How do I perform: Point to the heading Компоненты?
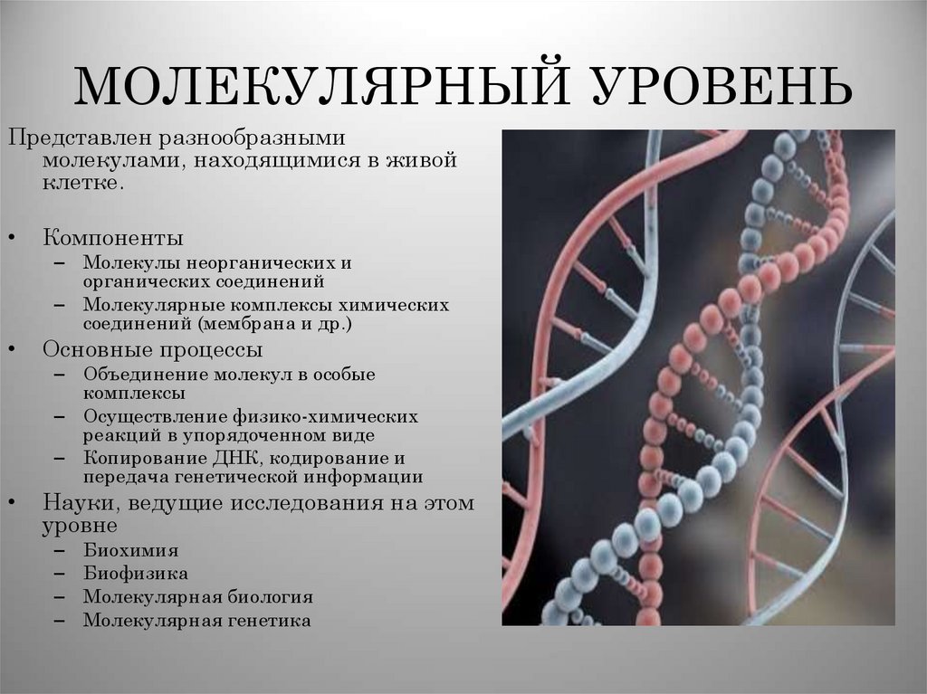pos(113,238)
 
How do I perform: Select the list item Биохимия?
pos(130,549)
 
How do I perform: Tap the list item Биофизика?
pos(136,573)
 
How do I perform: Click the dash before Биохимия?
pos(59,550)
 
